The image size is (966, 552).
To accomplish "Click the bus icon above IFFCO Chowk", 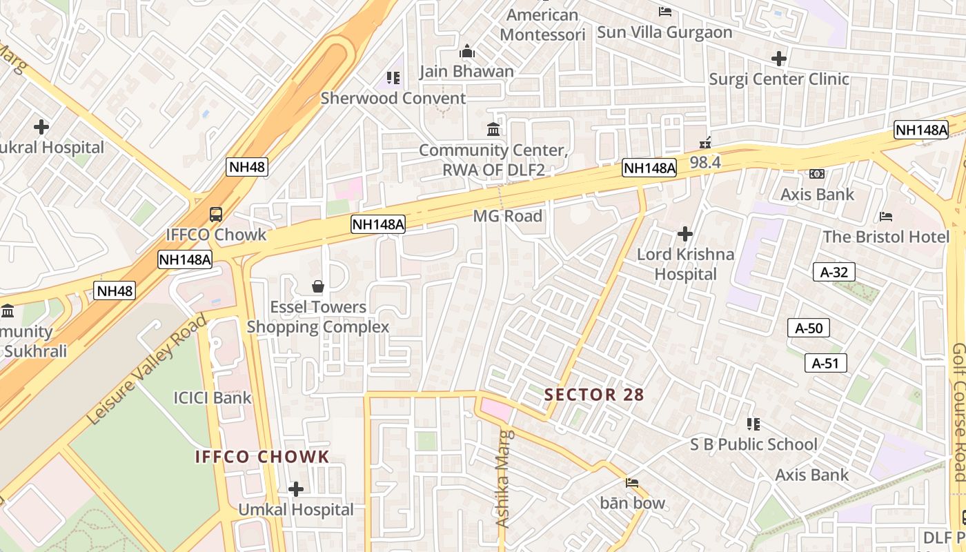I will (x=216, y=214).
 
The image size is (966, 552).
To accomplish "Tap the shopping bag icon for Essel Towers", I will (x=318, y=286).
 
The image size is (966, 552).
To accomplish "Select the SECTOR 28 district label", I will (x=593, y=395).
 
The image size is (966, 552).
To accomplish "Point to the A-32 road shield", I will (x=834, y=272).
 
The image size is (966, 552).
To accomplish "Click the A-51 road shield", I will (x=825, y=363).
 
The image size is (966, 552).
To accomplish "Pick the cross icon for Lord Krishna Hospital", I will (x=684, y=234).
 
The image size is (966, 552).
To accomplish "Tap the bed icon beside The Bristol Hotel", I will (x=887, y=217).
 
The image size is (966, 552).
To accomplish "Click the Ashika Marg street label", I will (x=504, y=479).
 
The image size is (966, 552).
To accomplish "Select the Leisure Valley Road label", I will (x=147, y=369).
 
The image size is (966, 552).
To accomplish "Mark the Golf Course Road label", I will (x=958, y=412).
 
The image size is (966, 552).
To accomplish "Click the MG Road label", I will (x=507, y=216).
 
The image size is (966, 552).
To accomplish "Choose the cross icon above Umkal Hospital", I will (x=296, y=489).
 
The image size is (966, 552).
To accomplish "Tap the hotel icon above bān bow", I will (x=631, y=482).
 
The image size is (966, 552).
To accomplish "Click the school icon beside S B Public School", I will (x=753, y=424).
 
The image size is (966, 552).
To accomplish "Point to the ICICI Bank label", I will (x=213, y=397).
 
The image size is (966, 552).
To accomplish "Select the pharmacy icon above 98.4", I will (x=705, y=143).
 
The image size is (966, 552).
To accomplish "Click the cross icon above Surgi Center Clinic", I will (x=779, y=59).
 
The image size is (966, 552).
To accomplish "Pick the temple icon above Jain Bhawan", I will (x=467, y=52).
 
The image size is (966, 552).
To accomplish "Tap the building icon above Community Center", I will (x=493, y=129).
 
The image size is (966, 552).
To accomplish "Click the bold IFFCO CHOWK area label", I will (x=262, y=457).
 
